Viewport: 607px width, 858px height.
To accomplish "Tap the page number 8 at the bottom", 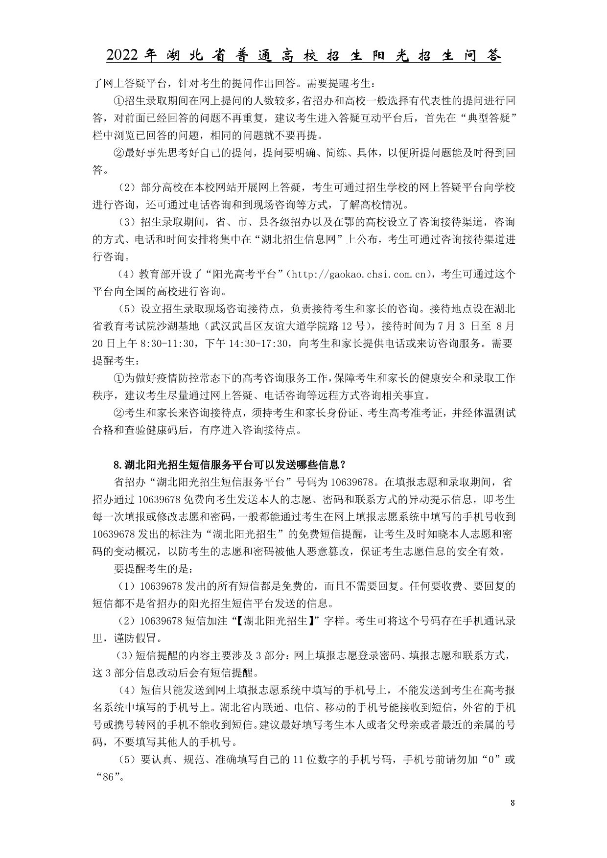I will [x=512, y=803].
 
